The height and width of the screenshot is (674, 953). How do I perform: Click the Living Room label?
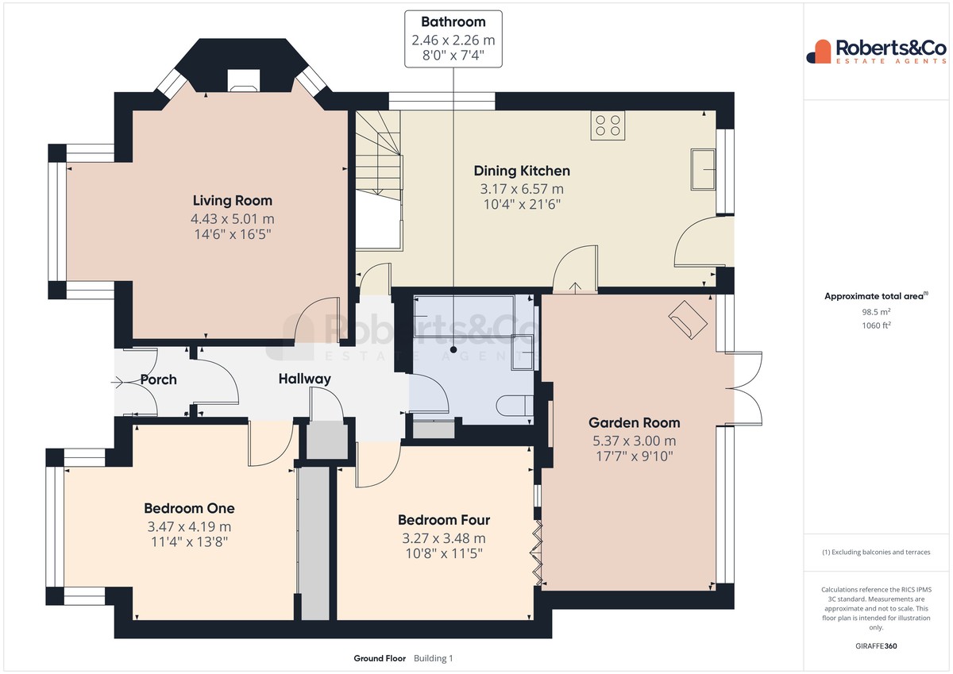click(x=232, y=200)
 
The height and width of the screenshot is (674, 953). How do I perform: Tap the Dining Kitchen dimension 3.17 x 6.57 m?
click(x=522, y=189)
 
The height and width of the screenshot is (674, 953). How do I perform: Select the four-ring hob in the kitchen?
click(x=608, y=125)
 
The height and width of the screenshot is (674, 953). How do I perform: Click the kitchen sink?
click(x=703, y=169)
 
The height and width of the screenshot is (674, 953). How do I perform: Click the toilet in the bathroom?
click(x=515, y=405)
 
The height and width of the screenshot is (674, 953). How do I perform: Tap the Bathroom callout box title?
click(x=453, y=21)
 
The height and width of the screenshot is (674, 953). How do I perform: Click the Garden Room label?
click(x=634, y=422)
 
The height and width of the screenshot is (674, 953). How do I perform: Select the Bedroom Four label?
click(x=444, y=520)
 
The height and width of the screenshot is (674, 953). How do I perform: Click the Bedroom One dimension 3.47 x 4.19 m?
click(x=189, y=527)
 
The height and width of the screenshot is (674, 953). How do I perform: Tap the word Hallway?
click(x=305, y=379)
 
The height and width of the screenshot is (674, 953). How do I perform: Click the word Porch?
click(x=158, y=379)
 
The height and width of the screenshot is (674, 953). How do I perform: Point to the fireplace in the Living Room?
click(x=243, y=81)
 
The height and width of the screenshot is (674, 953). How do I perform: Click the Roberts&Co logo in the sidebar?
click(x=877, y=52)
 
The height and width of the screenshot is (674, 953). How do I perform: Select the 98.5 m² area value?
click(x=876, y=312)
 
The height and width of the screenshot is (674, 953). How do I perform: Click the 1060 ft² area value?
click(x=876, y=325)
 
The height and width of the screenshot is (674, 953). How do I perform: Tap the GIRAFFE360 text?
click(x=876, y=646)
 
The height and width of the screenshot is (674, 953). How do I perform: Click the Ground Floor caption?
click(x=380, y=658)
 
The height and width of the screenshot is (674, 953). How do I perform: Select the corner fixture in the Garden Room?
click(x=688, y=320)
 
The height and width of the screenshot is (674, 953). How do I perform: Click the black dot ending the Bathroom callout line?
click(x=453, y=349)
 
